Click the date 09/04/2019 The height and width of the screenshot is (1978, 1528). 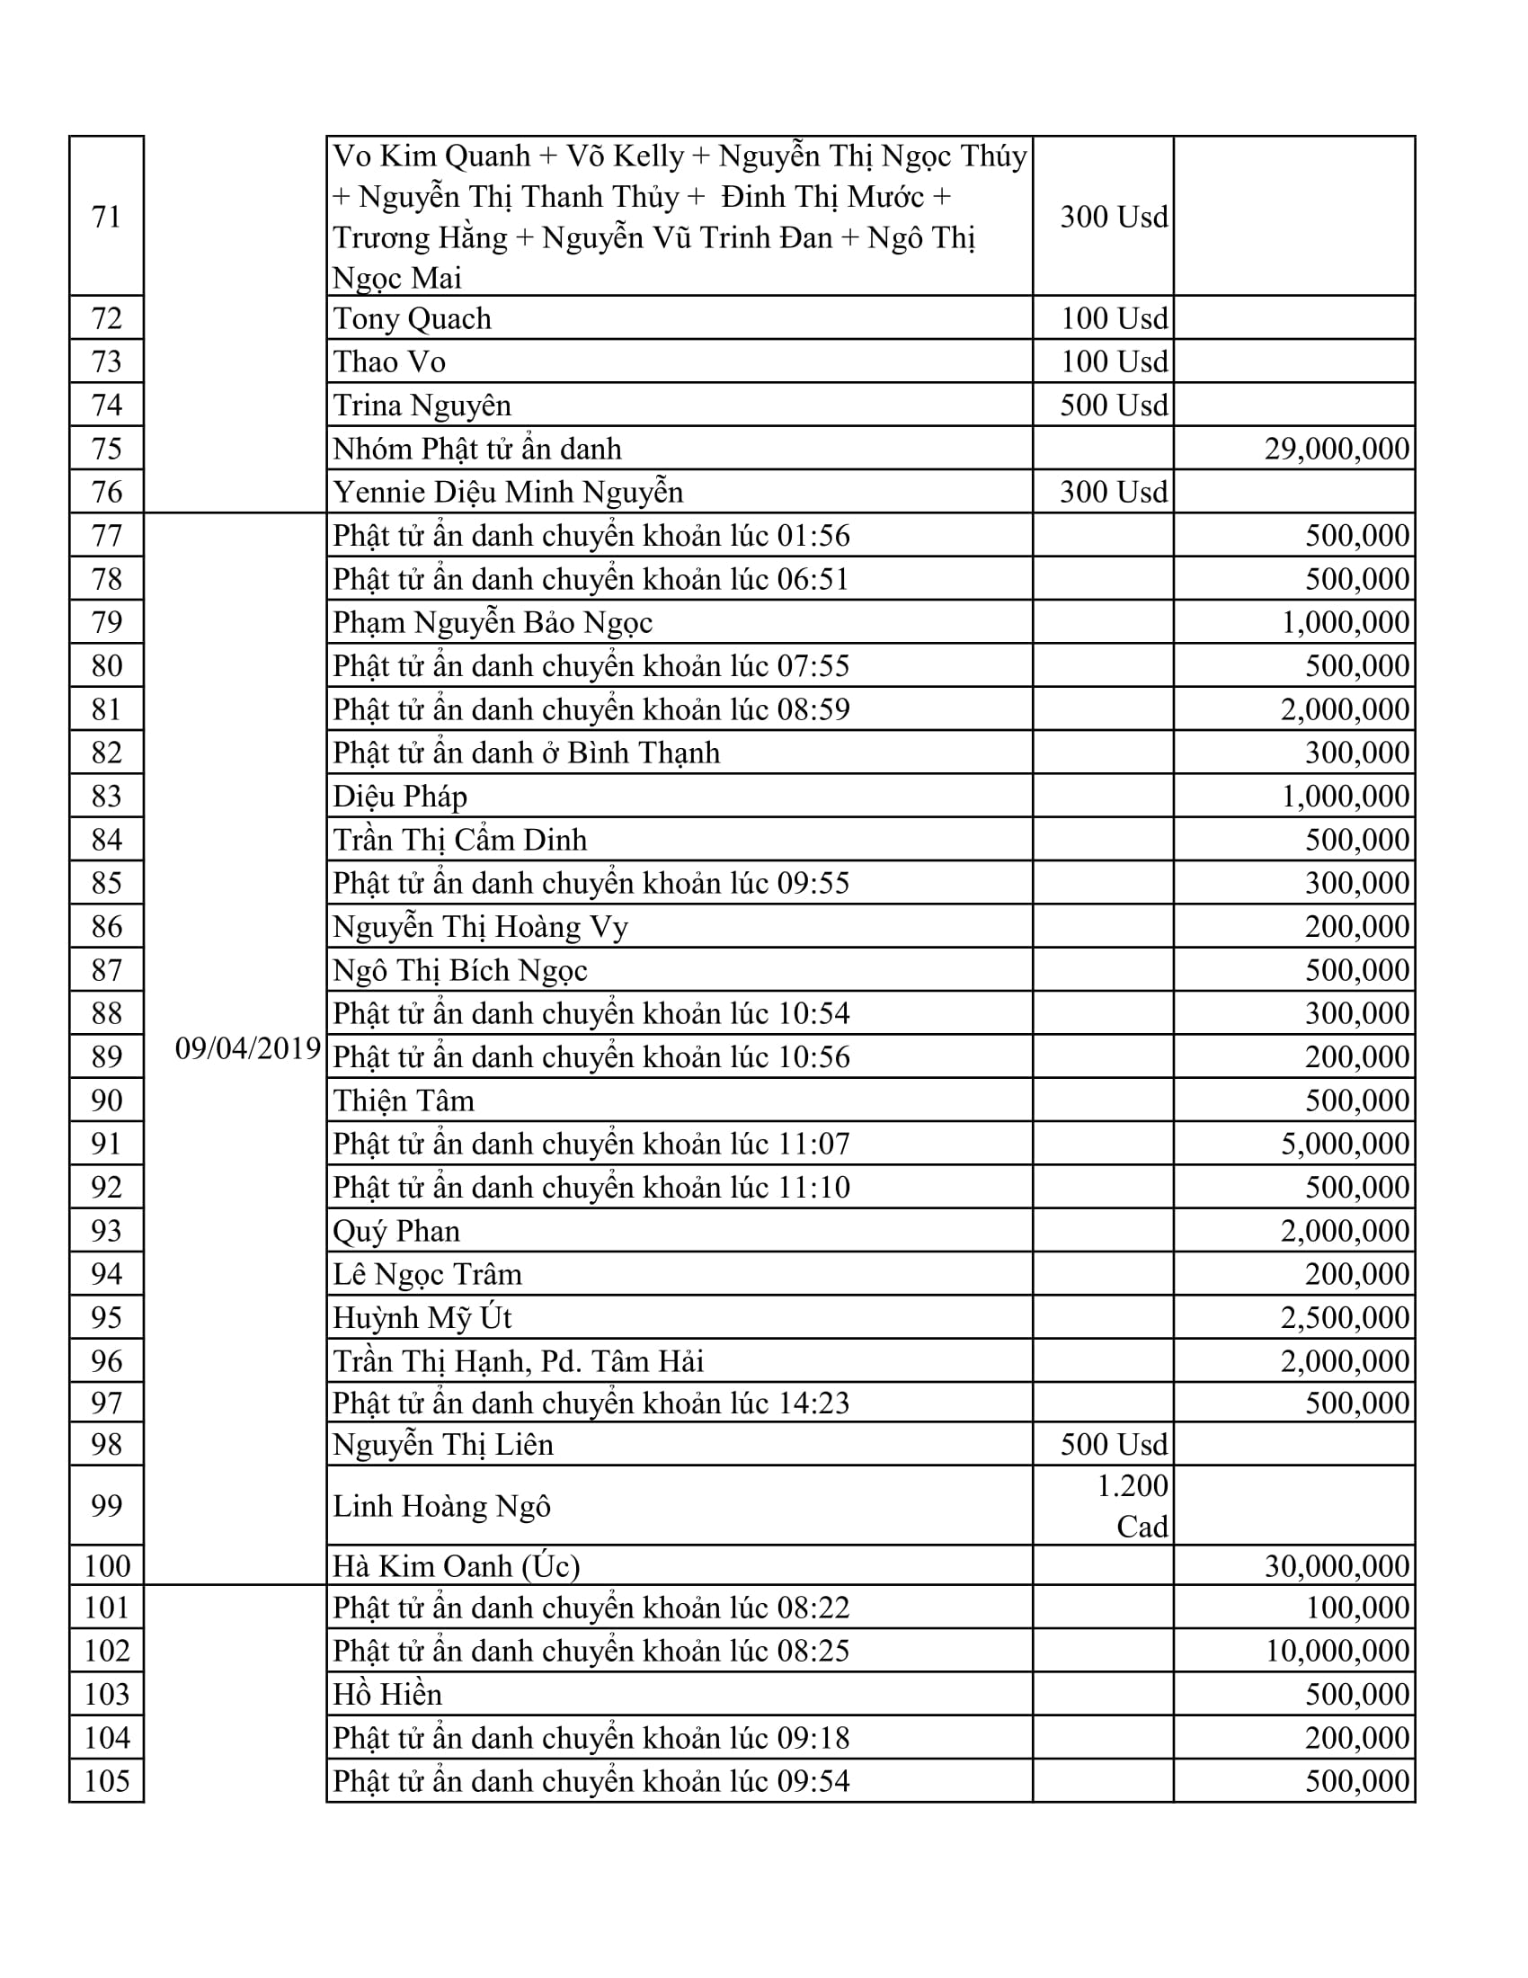point(248,1047)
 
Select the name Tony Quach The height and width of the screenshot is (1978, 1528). point(412,319)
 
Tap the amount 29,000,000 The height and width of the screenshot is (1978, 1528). point(1336,449)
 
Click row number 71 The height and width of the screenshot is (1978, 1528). point(107,217)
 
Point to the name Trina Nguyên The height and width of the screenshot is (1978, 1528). point(422,405)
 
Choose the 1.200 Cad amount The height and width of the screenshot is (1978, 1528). point(1132,1505)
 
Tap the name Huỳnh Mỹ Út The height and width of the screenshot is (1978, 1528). point(422,1317)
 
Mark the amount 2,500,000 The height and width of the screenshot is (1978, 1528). point(1345,1317)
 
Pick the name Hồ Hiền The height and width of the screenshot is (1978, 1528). point(387,1694)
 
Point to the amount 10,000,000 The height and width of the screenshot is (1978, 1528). point(1336,1650)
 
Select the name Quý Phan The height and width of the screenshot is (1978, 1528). point(396,1231)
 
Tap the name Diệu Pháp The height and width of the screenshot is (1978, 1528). point(400,796)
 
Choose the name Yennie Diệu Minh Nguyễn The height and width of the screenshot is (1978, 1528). point(508,492)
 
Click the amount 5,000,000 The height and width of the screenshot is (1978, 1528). point(1345,1144)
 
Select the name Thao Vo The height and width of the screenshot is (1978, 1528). point(389,361)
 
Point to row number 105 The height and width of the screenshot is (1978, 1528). point(107,1780)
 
